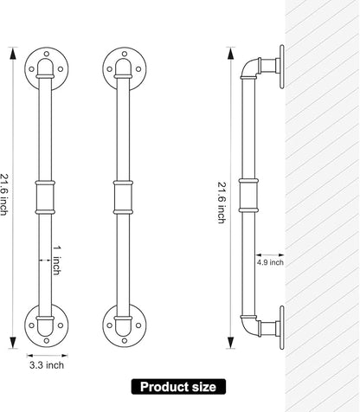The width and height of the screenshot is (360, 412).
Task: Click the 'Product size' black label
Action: [178, 387]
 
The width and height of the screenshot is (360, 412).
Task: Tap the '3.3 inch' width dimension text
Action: [47, 365]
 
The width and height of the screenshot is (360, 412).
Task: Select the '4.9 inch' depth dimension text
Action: [270, 262]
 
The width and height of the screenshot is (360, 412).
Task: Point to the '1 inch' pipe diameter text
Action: [57, 261]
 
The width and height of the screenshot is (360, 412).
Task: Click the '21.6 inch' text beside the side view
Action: [222, 203]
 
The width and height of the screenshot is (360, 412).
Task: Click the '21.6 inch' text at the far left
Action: [3, 195]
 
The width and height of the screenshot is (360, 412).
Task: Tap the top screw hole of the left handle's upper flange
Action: [47, 54]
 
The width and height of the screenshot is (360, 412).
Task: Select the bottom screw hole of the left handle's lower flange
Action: [47, 341]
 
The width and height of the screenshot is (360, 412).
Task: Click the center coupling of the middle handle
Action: [123, 197]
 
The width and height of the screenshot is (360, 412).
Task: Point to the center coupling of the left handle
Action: [45, 197]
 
